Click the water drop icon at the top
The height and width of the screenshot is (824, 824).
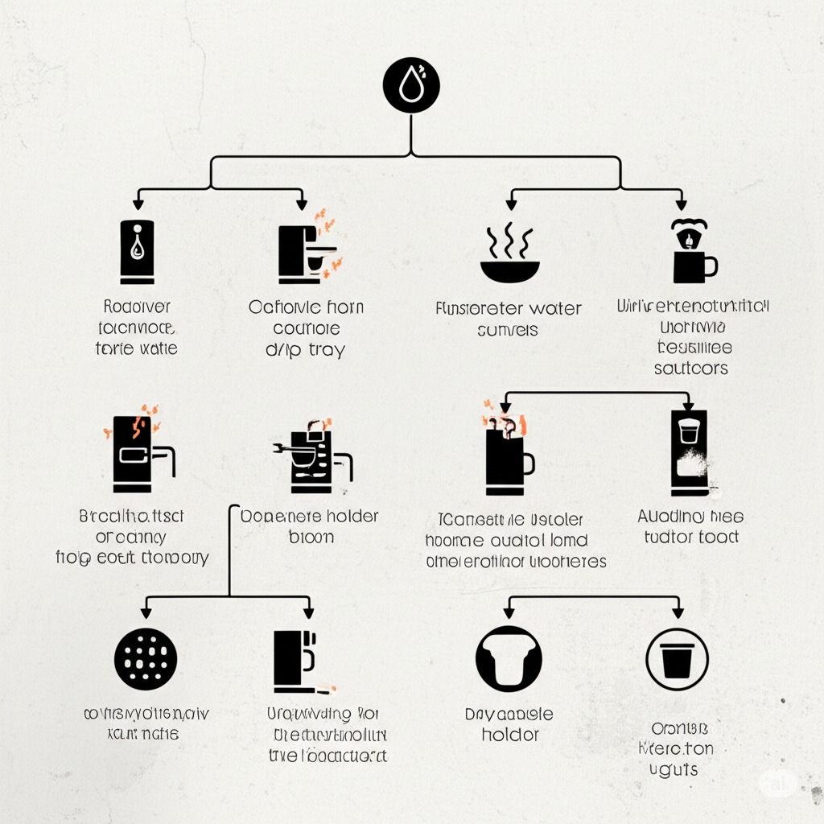[411, 85]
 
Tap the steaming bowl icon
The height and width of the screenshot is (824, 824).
[510, 255]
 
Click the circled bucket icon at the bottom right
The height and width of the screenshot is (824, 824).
[677, 659]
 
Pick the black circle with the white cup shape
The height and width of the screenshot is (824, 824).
[508, 659]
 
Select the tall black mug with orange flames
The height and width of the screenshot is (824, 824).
[508, 457]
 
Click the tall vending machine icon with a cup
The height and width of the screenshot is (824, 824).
[689, 452]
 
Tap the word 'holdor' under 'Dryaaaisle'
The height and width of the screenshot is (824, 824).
[509, 735]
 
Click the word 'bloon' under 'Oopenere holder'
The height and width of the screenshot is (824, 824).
[310, 537]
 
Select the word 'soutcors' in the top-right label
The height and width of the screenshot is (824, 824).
[691, 368]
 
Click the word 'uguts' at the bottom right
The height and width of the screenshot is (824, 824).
[675, 769]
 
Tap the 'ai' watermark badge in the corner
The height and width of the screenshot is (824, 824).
[777, 781]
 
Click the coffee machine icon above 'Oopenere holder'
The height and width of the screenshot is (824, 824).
[311, 455]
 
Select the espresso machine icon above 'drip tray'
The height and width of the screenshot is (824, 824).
[305, 251]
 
